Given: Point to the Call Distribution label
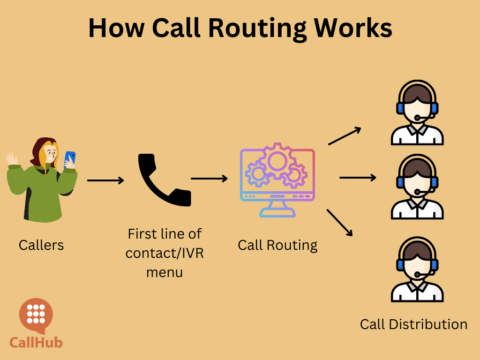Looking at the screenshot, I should [413, 324].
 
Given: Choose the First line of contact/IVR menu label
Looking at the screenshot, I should [161, 251].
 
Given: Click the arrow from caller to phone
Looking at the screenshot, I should [105, 181].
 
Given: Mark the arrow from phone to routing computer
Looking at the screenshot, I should [209, 180].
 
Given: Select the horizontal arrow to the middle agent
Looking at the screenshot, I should [357, 180].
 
